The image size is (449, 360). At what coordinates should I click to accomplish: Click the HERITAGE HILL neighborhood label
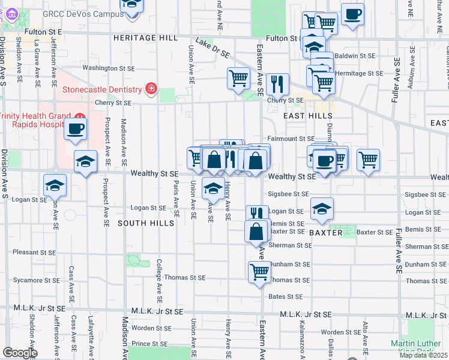click(146, 38)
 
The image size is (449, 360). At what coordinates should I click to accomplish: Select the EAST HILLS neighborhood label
click(299, 116)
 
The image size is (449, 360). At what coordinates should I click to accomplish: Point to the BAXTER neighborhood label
click(325, 232)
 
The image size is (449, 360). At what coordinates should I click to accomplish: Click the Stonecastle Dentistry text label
click(102, 90)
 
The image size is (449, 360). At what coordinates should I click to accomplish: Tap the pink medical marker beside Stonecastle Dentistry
click(150, 90)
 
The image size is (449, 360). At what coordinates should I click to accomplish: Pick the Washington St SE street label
click(106, 68)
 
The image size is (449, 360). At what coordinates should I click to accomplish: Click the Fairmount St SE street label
click(291, 139)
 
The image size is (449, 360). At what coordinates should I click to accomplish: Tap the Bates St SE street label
click(285, 296)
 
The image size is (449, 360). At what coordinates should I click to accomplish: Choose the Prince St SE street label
click(149, 344)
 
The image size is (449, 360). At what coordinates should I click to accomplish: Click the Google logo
click(20, 353)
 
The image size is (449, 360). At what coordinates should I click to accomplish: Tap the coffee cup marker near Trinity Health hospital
click(76, 128)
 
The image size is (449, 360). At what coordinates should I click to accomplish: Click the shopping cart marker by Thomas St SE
click(259, 271)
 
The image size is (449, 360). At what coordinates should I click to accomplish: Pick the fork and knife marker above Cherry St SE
click(277, 83)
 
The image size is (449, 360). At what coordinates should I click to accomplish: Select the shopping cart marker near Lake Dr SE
click(238, 77)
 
